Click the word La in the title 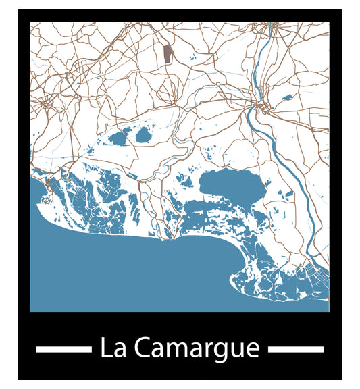[113, 348]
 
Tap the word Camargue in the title [197, 349]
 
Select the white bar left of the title [63, 349]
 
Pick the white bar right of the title [296, 349]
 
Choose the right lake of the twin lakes [144, 135]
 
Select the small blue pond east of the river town [286, 97]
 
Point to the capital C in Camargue [143, 348]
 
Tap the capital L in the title [105, 348]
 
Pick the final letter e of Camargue [253, 351]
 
